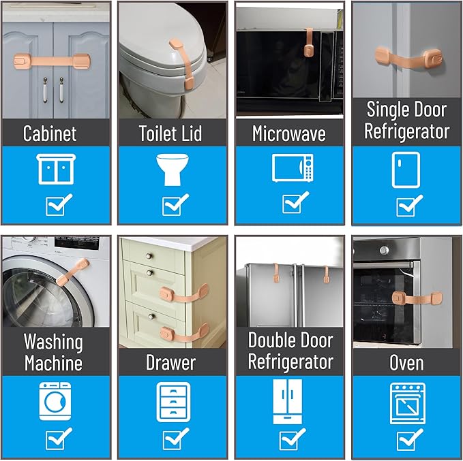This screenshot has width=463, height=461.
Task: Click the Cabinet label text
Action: pyautogui.click(x=50, y=133)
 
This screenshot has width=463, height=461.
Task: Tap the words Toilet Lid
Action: pyautogui.click(x=170, y=133)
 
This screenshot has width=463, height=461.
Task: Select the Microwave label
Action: pyautogui.click(x=289, y=133)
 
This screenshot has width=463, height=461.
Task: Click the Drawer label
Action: pyautogui.click(x=170, y=362)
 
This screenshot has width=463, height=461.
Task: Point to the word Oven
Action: pyautogui.click(x=406, y=362)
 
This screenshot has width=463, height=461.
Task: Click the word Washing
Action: pyautogui.click(x=53, y=342)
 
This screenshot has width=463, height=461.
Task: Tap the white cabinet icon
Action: pyautogui.click(x=56, y=169)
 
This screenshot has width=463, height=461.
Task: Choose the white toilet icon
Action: pyautogui.click(x=173, y=170)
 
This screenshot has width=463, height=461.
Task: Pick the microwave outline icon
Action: pyautogui.click(x=293, y=168)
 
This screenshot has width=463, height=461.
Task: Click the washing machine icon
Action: pyautogui.click(x=55, y=401)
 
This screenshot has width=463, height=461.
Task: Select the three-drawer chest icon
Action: pyautogui.click(x=173, y=402)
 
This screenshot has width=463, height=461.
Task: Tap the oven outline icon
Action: pyautogui.click(x=408, y=404)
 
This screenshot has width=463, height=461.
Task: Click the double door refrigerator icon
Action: pyautogui.click(x=288, y=402)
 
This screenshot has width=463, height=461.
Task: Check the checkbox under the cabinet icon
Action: pyautogui.click(x=59, y=204)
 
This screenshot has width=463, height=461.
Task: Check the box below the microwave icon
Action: pyautogui.click(x=295, y=202)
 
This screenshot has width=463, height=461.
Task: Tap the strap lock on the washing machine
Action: pyautogui.click(x=72, y=272)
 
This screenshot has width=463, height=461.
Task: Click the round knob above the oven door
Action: pyautogui.click(x=384, y=251)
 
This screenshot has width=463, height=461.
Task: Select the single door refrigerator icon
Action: pyautogui.click(x=406, y=170)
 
